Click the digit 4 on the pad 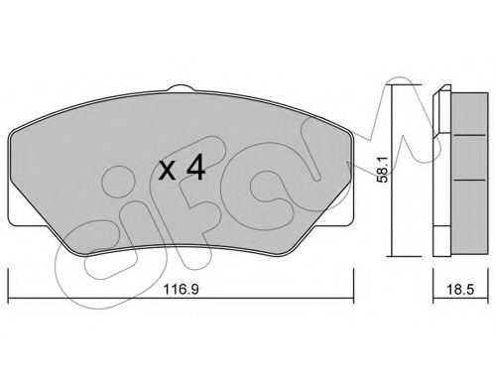point(194,169)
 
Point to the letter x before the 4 point(167,171)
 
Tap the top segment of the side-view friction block point(462,114)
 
